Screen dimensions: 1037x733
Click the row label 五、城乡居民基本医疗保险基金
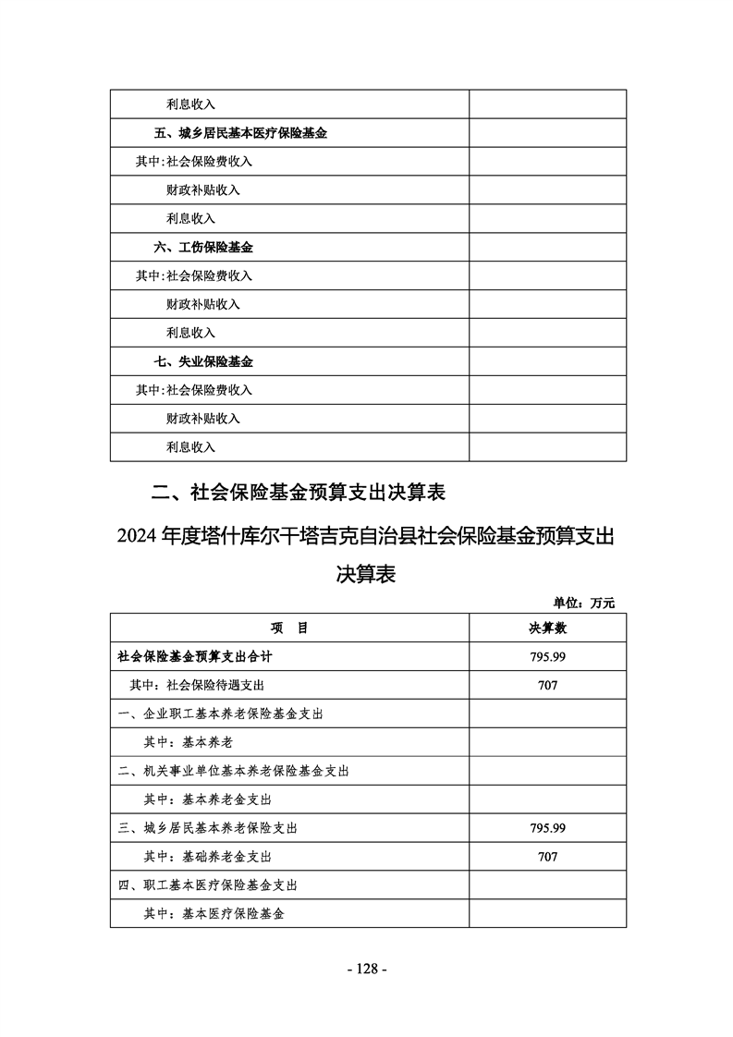tap(240, 133)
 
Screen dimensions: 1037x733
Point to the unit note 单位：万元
tap(584, 604)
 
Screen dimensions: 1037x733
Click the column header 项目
tap(289, 628)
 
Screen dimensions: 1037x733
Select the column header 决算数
tap(547, 628)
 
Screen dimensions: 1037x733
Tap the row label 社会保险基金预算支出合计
tap(194, 656)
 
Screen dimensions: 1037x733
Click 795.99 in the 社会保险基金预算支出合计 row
tap(547, 656)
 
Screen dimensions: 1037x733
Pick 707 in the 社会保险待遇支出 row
tap(547, 685)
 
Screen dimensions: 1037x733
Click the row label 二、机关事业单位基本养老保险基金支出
tap(233, 771)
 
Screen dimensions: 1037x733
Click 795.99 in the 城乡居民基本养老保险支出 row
tap(547, 828)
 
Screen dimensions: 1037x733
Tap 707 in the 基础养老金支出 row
tap(547, 857)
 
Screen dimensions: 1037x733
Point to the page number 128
tap(366, 969)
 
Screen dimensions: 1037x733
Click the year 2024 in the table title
tap(137, 537)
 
